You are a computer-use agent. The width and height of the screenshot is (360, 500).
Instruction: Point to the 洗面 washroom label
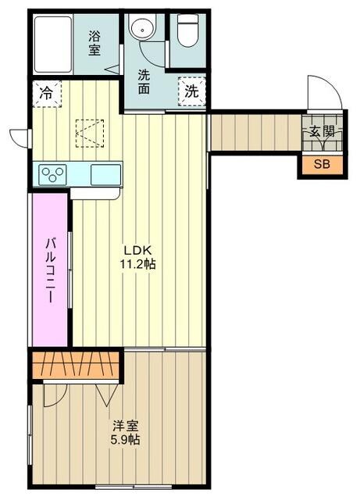point(145,81)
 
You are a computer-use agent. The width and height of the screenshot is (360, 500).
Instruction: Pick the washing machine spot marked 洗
point(191,90)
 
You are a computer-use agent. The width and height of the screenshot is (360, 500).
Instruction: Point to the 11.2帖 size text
point(138,264)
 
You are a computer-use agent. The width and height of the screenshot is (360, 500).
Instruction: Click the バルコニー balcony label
point(49,270)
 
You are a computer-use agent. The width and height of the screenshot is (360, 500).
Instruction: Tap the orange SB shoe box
point(322,165)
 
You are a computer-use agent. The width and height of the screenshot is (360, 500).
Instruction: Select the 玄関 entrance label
point(322,132)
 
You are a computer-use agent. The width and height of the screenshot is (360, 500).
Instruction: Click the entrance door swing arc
point(323,94)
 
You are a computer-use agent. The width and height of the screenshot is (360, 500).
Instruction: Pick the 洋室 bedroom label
point(125,426)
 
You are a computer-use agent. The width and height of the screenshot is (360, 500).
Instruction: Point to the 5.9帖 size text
point(125,440)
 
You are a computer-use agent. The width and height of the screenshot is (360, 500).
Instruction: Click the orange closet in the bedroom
point(77,366)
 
